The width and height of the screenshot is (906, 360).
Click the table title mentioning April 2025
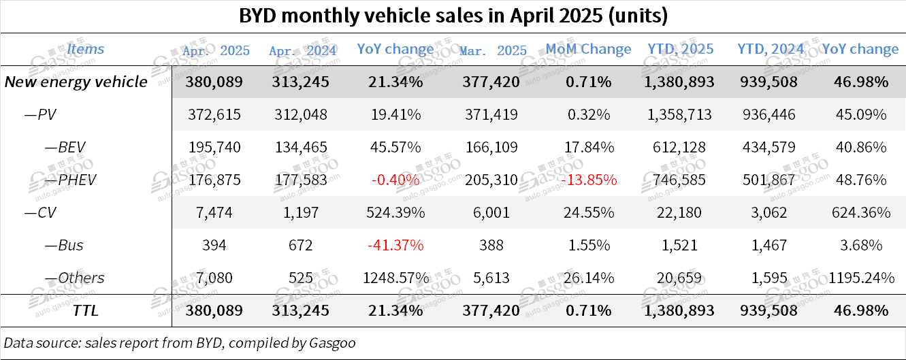(x=453, y=16)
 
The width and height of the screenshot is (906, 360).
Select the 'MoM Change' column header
(x=588, y=49)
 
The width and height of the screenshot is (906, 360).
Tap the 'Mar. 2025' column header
(x=493, y=50)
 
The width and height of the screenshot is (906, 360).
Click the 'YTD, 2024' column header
(x=771, y=49)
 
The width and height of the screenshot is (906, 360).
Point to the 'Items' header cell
(x=86, y=49)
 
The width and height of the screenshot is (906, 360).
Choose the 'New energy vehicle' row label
(x=76, y=82)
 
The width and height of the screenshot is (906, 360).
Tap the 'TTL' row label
(x=86, y=310)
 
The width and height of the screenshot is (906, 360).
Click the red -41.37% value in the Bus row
(x=395, y=245)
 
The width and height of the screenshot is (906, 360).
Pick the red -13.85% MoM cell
(x=588, y=180)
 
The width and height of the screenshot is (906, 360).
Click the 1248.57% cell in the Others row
(x=395, y=278)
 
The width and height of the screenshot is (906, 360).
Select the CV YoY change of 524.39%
(x=395, y=213)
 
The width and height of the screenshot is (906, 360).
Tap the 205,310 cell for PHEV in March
(x=493, y=180)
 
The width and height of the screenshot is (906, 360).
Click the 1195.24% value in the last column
(x=860, y=278)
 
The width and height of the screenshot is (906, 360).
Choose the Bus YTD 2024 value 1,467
(x=771, y=245)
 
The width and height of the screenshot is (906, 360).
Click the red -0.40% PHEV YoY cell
(x=395, y=180)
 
